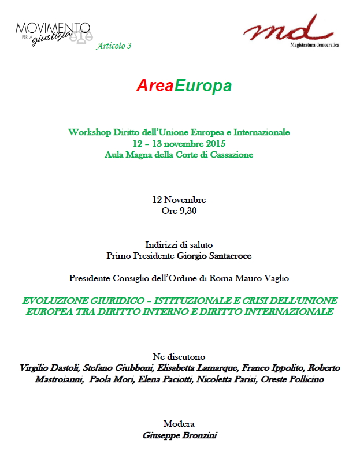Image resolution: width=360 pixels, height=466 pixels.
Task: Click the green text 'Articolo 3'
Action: tap(114, 46)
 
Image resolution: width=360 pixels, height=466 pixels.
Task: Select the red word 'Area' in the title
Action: tap(155, 86)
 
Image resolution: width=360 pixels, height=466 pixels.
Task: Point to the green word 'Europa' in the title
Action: tap(203, 86)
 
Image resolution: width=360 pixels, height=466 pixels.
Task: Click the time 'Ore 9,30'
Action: tap(179, 211)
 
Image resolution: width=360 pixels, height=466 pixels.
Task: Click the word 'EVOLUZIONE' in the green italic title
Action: tap(55, 301)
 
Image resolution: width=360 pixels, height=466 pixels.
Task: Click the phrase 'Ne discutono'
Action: tap(179, 356)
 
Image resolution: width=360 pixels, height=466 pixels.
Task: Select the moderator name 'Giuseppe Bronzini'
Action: tap(179, 435)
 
